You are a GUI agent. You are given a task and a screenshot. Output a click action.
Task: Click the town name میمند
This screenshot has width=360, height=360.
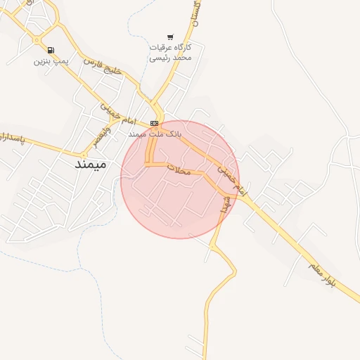91,165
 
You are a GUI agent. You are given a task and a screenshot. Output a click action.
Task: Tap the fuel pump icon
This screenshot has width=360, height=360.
51,50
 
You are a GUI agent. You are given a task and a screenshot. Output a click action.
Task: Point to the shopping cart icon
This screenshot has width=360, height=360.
170,37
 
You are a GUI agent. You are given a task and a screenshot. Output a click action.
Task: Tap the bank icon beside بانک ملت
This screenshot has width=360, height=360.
154,123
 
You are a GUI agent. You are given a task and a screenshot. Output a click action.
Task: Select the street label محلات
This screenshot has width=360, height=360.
181,169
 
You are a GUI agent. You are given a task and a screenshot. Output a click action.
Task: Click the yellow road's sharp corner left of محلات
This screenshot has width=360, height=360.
148,165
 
